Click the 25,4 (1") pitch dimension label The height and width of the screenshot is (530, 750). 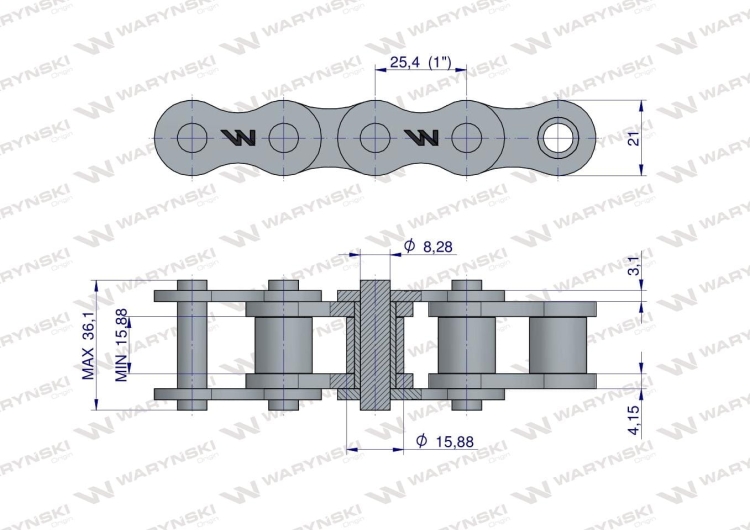click(421, 62)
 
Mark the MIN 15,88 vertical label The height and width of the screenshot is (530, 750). click(122, 345)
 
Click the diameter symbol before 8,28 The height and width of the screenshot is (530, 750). click(409, 245)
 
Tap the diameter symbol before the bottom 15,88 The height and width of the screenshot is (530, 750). click(421, 440)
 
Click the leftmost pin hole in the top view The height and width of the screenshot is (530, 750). click(191, 137)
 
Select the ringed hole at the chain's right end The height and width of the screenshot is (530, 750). click(556, 137)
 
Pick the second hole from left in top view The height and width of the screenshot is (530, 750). click(283, 137)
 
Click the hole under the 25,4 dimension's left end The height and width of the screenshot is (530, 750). click(374, 137)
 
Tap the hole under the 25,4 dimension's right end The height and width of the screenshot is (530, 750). click(466, 137)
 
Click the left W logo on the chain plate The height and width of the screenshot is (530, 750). click(238, 137)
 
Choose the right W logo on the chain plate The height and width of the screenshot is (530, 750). click(420, 137)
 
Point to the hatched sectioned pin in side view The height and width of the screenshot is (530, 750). click(374, 345)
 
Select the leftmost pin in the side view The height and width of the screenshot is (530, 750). click(191, 345)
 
